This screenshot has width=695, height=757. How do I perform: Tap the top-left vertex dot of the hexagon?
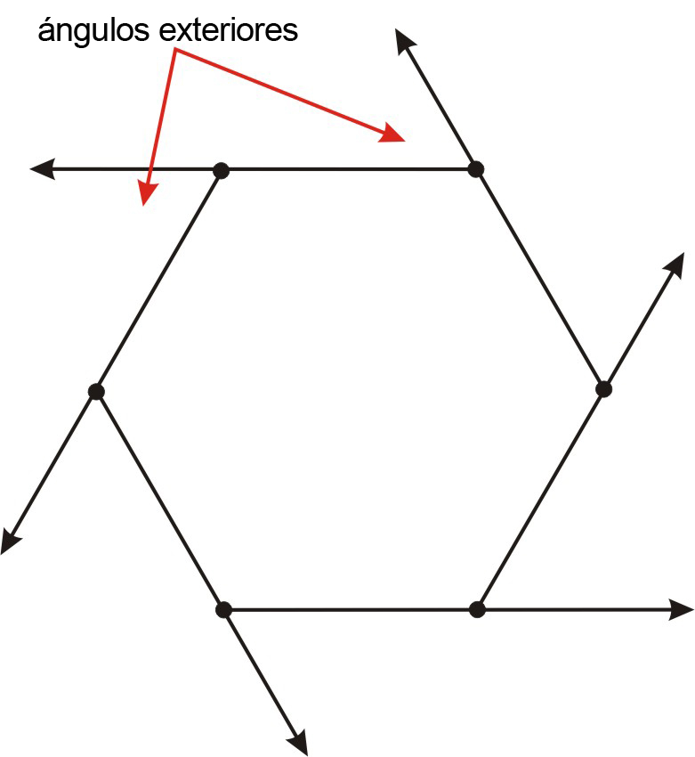222,169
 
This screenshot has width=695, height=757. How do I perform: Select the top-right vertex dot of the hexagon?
476,168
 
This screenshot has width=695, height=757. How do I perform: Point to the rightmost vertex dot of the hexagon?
603,389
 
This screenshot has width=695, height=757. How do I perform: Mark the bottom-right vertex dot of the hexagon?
477,609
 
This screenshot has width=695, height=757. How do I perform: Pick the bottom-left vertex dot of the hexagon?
223,610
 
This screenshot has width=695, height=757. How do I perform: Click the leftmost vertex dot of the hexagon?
96,391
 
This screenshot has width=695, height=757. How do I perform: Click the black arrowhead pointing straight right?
682,609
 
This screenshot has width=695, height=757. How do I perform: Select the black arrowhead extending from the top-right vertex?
405,40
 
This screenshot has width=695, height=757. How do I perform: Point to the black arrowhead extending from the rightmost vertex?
674,265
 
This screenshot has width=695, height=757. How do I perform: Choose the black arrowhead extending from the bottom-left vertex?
298,742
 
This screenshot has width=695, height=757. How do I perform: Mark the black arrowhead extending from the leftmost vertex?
11,540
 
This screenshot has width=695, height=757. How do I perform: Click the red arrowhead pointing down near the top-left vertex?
146,194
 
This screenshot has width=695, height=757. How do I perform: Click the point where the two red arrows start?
175,52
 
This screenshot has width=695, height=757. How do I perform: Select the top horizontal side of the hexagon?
349,168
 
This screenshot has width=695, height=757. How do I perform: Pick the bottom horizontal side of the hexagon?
350,610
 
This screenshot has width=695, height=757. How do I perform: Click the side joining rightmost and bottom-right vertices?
540,500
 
